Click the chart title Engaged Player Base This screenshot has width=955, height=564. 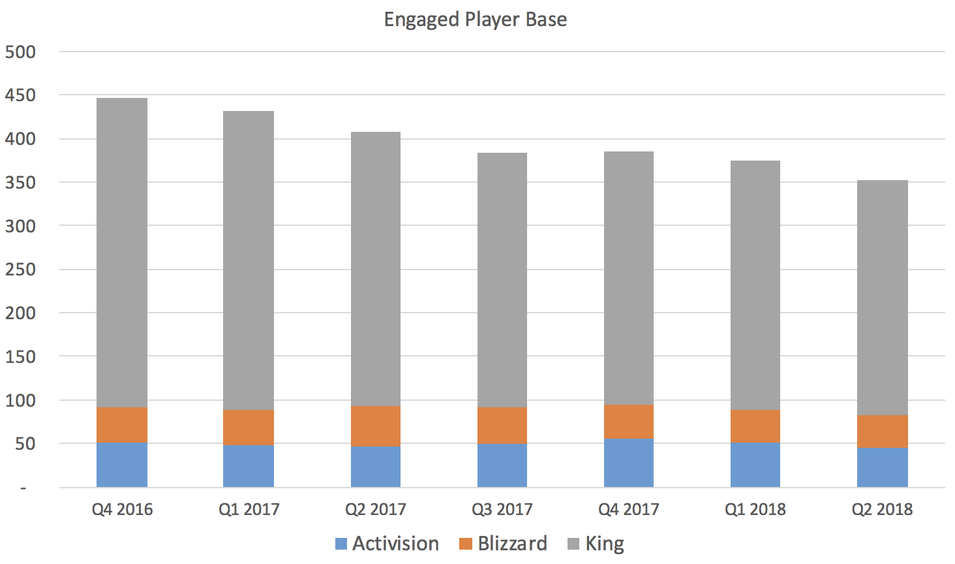pos(475,20)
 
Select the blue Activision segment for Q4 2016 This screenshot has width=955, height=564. pos(122,465)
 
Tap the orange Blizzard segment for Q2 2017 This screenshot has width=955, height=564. pos(376,426)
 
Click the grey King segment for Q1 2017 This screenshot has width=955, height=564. pos(249,260)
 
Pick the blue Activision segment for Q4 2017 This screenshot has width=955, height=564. pos(629,463)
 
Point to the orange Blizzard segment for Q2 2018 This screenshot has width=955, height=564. pos(882,431)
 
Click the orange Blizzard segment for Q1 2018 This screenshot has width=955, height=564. pos(755,426)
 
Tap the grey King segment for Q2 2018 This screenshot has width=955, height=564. pos(882,298)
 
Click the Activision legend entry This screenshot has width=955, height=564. pos(387,544)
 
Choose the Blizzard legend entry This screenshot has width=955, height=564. pos(503,544)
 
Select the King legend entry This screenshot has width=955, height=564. pos(596,544)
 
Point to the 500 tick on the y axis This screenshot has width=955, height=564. pos(20,52)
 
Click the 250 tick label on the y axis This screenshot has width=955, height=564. pos(20,270)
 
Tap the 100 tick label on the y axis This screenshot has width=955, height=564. pos(20,400)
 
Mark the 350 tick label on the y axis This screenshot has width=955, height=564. pos(20,183)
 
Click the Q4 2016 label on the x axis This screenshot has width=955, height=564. pos(122,510)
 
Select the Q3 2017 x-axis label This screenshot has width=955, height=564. pos(502,510)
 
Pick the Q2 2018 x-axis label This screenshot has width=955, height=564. pos(882,510)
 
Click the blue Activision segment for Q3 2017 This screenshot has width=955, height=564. pos(502,465)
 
